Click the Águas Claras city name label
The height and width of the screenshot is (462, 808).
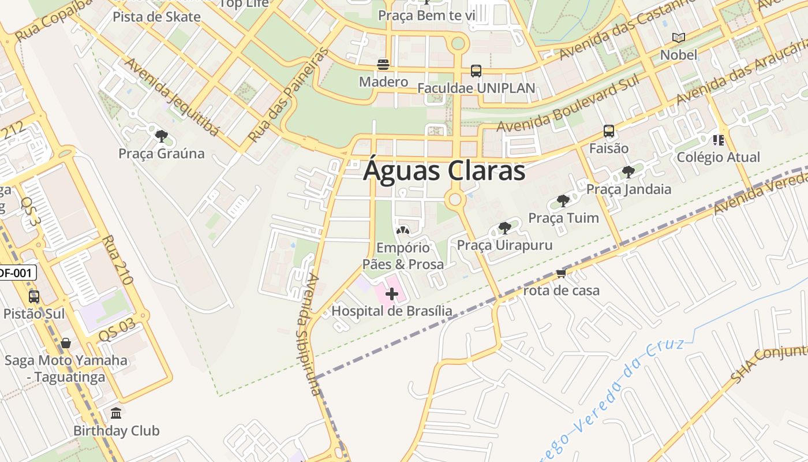pos(444,172)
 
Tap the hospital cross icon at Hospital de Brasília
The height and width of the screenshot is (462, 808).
pos(392,294)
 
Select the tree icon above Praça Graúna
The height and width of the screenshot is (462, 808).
pos(161,136)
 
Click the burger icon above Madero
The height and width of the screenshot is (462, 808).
pos(383,64)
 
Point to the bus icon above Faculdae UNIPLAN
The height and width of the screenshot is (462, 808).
pos(476,70)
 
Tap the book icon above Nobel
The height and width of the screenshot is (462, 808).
pos(679,38)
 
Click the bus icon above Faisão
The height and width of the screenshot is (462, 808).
pos(608,131)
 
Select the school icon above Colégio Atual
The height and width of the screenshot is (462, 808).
pos(718,140)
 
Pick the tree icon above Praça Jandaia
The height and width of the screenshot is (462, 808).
pos(629,172)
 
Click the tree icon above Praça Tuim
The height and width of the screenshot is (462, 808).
pos(563,200)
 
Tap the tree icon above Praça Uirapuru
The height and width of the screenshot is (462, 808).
pos(504,228)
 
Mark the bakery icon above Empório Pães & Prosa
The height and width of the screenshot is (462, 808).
pos(403,230)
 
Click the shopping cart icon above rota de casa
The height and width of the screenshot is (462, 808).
pos(560,273)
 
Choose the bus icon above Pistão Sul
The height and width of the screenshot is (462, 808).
pos(34,296)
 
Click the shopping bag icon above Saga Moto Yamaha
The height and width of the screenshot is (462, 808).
pos(66,343)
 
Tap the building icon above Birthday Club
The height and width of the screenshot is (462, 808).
pos(116,413)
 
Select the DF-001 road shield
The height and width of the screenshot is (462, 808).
pos(16,273)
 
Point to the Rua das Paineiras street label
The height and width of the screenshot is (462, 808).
pos(288,95)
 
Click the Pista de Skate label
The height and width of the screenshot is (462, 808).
pos(156,17)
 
